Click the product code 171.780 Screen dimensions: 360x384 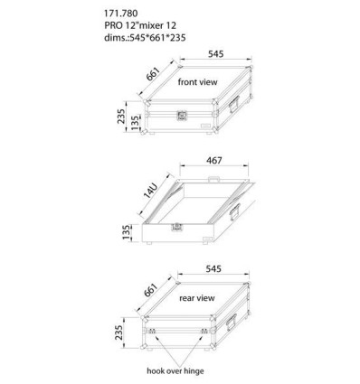(x=121, y=14)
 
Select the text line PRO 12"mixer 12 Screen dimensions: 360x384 (x=140, y=25)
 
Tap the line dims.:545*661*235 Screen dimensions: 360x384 (x=145, y=38)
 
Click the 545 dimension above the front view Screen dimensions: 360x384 (x=216, y=53)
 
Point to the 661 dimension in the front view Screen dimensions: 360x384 (x=153, y=74)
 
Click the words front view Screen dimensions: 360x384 (x=197, y=82)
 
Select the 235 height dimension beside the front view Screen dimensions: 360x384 (x=121, y=116)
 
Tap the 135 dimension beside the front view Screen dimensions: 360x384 (x=136, y=122)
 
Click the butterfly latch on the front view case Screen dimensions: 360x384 (x=182, y=116)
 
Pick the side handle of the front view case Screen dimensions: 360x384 (x=234, y=104)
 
